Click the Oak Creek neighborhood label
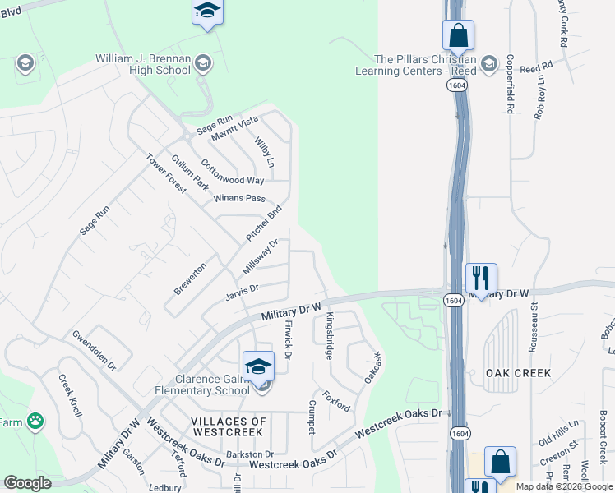click(518, 373)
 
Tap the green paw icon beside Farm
click(35, 422)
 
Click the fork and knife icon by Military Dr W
click(481, 277)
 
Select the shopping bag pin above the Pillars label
click(458, 35)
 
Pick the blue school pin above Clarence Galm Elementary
click(258, 366)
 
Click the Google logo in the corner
click(27, 483)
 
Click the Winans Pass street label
click(238, 198)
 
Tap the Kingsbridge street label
click(330, 335)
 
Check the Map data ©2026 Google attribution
click(564, 486)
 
